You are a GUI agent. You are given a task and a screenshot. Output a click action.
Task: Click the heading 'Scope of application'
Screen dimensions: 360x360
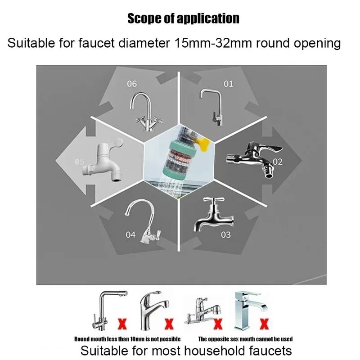pos(183,18)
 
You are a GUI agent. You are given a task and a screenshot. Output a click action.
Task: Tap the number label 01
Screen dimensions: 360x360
pos(229,84)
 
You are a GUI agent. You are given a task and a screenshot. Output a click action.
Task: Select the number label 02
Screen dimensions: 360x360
pos(277,162)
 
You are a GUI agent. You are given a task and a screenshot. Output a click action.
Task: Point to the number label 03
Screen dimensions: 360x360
pos(225,234)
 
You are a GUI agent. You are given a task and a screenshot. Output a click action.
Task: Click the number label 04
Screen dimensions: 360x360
pos(130,234)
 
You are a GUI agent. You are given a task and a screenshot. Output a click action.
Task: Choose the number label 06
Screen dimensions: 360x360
pos(131,84)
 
